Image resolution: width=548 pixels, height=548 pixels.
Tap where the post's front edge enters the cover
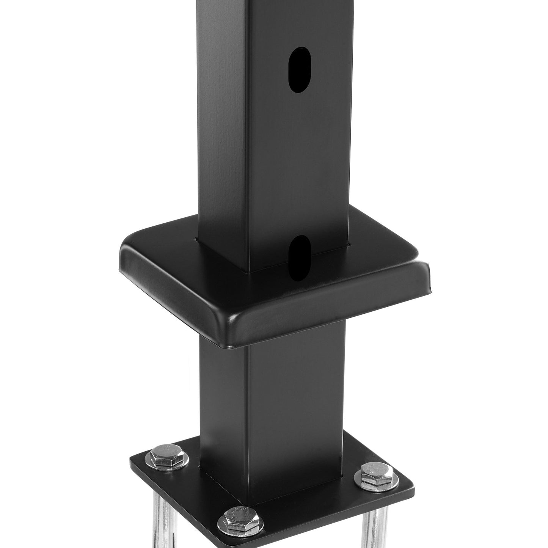point(248,271)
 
